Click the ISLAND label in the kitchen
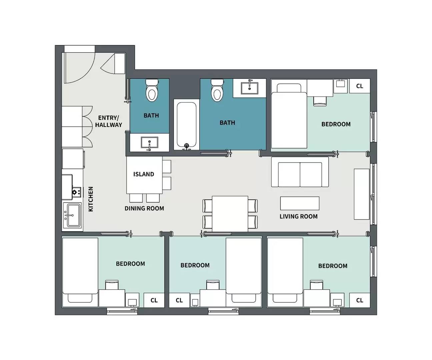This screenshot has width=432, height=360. pos(144,174)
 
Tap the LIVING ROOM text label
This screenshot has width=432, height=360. pos(298,216)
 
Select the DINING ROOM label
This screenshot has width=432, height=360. pos(144,208)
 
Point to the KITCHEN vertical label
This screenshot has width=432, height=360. pos(91,199)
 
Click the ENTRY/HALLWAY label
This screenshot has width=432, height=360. pos(108,121)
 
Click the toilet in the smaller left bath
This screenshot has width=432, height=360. pos(152,90)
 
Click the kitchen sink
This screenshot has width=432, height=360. pos(72,215)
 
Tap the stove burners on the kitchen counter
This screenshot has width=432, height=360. pos(76,192)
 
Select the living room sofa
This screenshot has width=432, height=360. pos(300,172)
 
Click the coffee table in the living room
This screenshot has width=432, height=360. pos(300,203)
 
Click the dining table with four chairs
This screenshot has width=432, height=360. pos(230,213)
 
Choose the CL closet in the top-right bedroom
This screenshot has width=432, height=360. pos(359,86)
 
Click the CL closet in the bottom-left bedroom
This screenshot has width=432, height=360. pos(154,300)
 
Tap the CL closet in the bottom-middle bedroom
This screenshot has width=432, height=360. pos(179,300)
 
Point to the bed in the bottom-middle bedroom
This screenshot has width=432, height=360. pos(243,272)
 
